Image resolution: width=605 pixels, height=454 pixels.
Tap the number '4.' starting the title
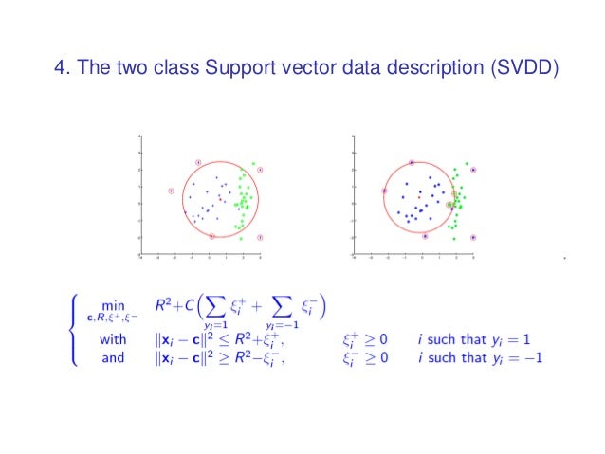point(63,69)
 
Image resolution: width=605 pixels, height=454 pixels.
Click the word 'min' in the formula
point(114,305)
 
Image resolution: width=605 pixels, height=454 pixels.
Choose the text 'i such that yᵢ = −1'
point(477,357)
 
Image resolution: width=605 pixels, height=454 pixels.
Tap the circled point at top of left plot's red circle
point(197,162)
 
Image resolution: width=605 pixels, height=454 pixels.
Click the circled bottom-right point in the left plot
point(260,236)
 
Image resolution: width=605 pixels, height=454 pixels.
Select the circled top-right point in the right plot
point(473,171)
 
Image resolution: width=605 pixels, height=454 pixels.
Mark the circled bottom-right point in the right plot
point(473,237)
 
